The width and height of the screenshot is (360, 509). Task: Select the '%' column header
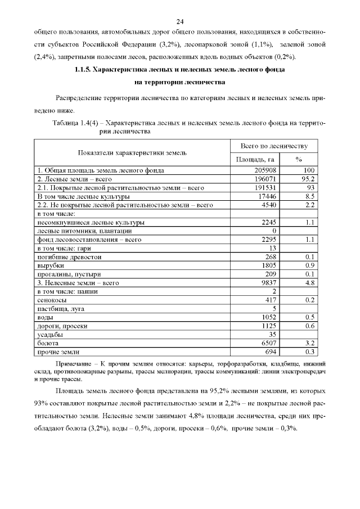click(x=299, y=160)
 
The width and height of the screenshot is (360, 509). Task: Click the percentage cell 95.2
click(x=305, y=179)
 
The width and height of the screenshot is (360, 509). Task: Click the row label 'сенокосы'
click(x=51, y=300)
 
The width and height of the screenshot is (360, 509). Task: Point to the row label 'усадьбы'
click(x=50, y=334)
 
